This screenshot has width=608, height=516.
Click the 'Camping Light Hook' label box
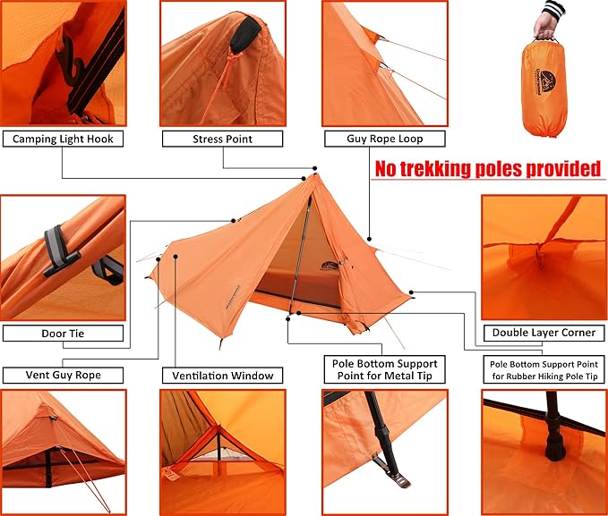tap(63, 139)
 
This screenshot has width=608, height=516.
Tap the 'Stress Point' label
tap(222, 139)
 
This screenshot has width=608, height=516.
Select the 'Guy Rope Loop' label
tap(385, 139)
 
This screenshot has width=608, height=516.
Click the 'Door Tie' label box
tap(63, 334)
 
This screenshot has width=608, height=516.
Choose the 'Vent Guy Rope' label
tap(63, 375)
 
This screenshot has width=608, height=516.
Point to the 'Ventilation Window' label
tap(222, 376)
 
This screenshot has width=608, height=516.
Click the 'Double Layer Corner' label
tap(544, 333)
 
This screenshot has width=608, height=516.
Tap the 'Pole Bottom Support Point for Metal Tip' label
tap(385, 369)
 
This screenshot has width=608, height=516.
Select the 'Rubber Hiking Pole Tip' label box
tap(544, 370)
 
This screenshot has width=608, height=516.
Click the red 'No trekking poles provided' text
tap(488, 169)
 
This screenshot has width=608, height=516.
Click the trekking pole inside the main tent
tap(300, 255)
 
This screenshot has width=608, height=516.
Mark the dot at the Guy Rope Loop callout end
tap(369, 239)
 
